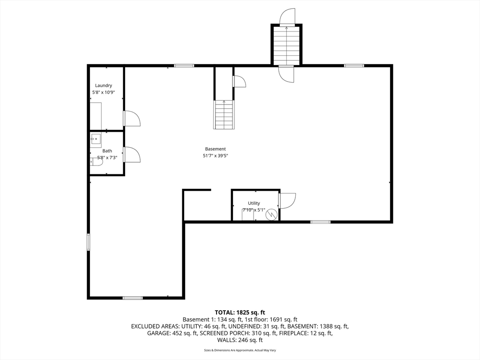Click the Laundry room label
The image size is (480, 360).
point(103,85)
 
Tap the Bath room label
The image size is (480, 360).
point(107,151)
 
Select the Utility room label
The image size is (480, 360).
point(254,203)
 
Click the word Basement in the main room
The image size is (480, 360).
point(216,149)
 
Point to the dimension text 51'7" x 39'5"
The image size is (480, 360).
point(216,156)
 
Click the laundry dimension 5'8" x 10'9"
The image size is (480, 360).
point(103,92)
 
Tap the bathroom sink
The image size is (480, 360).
point(96,139)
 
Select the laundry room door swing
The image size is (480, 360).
point(132,119)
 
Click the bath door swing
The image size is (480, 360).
point(132,155)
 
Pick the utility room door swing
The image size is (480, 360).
point(287,201)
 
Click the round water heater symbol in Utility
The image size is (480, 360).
point(271,215)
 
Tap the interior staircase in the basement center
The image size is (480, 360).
point(224,115)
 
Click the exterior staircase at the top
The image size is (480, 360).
point(286,45)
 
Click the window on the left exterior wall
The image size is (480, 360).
point(88,242)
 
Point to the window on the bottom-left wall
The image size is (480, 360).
point(133,298)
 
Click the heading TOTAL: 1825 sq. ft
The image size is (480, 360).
point(240,312)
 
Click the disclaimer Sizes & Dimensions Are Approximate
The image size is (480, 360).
point(240,351)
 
